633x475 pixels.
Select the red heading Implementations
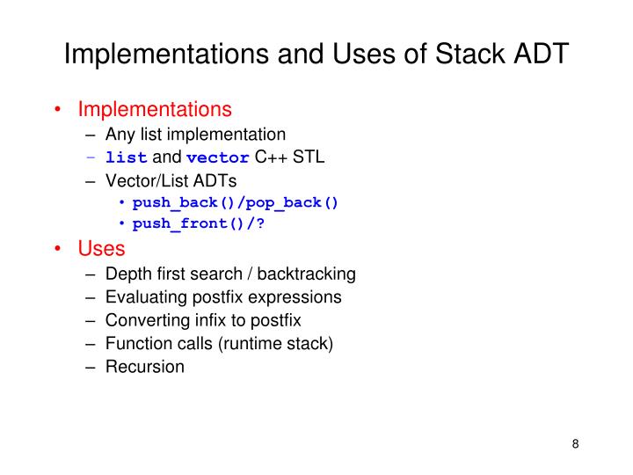[x=155, y=110]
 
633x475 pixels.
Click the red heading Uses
[x=102, y=249]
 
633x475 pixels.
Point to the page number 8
[x=575, y=443]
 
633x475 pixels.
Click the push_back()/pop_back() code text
[x=235, y=202]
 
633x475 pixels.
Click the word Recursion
[x=145, y=367]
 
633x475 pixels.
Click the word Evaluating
[x=142, y=297]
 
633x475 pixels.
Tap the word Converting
[x=143, y=320]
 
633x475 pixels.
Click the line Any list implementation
[x=195, y=135]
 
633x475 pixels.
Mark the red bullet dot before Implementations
[x=57, y=111]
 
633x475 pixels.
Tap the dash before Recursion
[x=91, y=367]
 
